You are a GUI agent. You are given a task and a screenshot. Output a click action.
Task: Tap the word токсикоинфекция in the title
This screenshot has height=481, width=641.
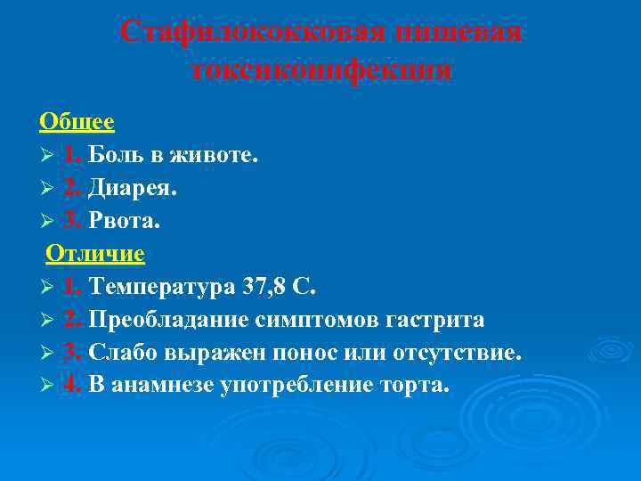coord(320,69)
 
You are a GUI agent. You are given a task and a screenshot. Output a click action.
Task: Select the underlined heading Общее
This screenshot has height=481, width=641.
coord(77,121)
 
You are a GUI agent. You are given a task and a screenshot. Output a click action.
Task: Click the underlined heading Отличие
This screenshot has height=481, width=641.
coord(95,254)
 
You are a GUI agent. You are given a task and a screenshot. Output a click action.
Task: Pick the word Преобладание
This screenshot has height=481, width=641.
coord(171,320)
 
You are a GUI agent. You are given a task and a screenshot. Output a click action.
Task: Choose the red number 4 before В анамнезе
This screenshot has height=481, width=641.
coord(70,386)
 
